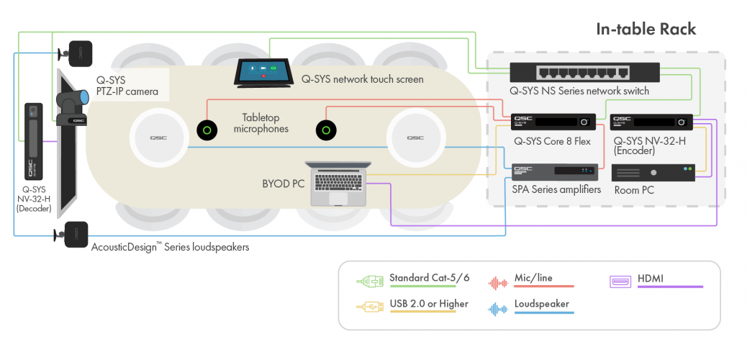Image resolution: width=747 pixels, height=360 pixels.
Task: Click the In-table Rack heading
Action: [646, 29]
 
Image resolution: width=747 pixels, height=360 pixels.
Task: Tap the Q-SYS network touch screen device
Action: [263, 73]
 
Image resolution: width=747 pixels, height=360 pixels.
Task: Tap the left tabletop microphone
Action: [207, 130]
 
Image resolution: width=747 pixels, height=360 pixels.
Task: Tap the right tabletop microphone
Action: [326, 130]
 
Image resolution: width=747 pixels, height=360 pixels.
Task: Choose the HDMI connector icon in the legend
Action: [620, 280]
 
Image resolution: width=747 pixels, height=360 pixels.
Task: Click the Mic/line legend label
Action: [533, 278]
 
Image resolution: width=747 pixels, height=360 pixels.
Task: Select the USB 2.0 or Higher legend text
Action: [428, 304]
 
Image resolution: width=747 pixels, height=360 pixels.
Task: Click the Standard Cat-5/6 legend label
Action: [429, 278]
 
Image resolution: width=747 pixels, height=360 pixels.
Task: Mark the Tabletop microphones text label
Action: [261, 123]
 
